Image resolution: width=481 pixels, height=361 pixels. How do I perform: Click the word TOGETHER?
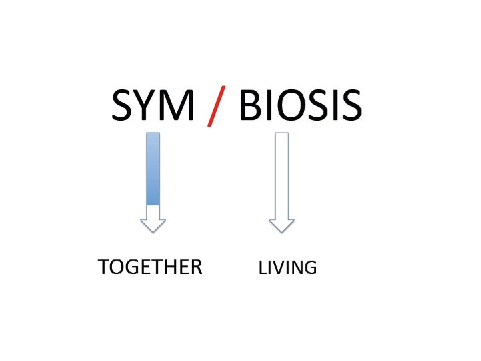150,267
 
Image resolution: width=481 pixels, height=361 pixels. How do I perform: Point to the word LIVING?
287,268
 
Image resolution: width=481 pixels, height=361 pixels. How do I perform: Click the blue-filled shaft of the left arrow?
153,168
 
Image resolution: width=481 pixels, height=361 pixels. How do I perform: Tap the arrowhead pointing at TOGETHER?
153,223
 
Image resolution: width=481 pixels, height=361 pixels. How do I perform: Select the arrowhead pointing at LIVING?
282,223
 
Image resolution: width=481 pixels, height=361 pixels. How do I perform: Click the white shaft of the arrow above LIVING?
282,174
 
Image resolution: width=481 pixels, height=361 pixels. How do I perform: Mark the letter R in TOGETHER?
194,267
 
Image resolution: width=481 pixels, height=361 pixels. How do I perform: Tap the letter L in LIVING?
263,268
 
